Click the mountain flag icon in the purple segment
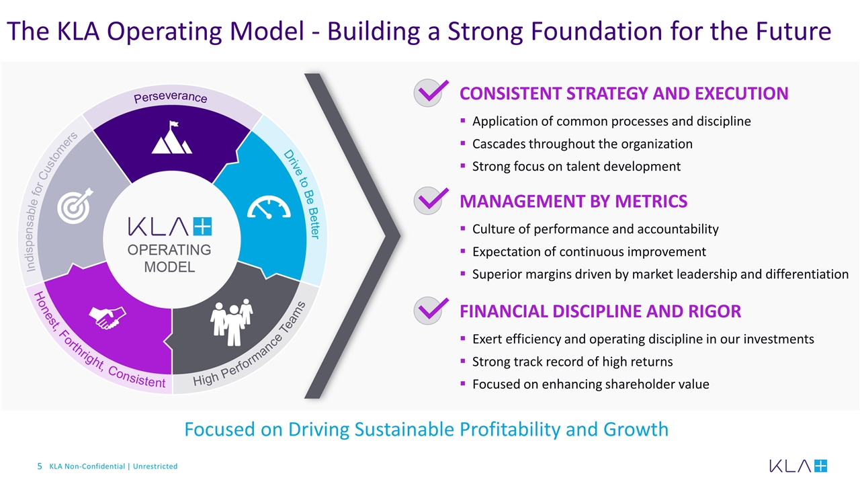point(171,138)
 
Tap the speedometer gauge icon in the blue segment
point(269,207)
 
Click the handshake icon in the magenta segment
point(107,317)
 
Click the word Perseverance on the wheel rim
point(171,97)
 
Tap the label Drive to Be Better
point(304,194)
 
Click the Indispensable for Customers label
point(49,201)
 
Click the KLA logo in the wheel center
point(170,227)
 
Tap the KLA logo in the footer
point(798,466)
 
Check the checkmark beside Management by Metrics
point(431,200)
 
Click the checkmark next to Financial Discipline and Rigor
point(431,311)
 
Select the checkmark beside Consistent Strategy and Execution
point(431,93)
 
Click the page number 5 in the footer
point(40,467)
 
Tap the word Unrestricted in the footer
point(155,467)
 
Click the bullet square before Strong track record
point(463,361)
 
